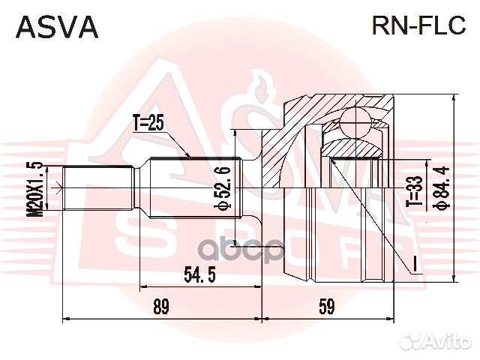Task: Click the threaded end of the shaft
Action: tap(97, 187)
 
